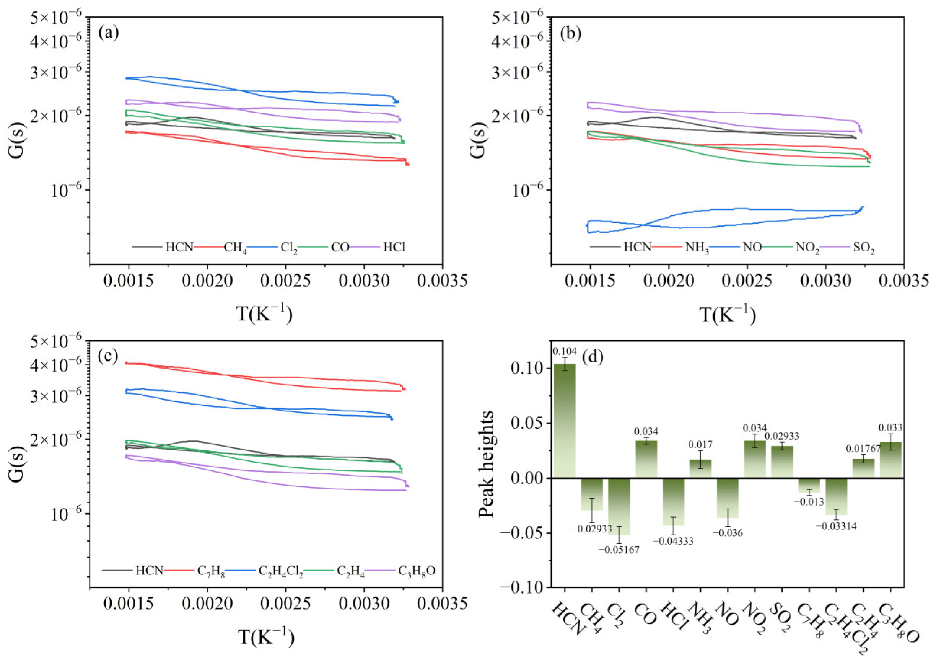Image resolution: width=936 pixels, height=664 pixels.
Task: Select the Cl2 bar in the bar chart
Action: (x=619, y=506)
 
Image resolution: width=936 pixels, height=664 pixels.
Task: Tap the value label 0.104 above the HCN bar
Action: (x=565, y=351)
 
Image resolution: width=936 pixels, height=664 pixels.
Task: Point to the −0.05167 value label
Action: (x=619, y=550)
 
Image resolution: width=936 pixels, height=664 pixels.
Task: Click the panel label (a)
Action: (x=109, y=33)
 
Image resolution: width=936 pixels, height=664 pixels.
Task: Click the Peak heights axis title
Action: (x=486, y=464)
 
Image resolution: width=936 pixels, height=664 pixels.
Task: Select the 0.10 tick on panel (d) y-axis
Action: (x=524, y=369)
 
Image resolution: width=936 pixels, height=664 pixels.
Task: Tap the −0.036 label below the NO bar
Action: (x=728, y=533)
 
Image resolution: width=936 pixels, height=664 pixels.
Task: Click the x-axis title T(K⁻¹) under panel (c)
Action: (x=265, y=637)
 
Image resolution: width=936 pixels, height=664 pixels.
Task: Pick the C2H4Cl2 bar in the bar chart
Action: (x=836, y=496)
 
